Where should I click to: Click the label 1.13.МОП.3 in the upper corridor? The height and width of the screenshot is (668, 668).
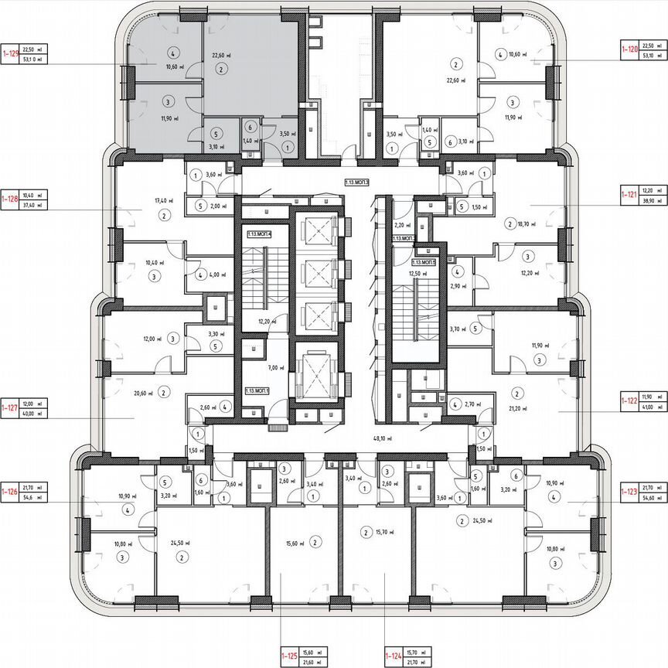(357, 183)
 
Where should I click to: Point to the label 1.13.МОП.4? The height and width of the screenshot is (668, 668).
(261, 233)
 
